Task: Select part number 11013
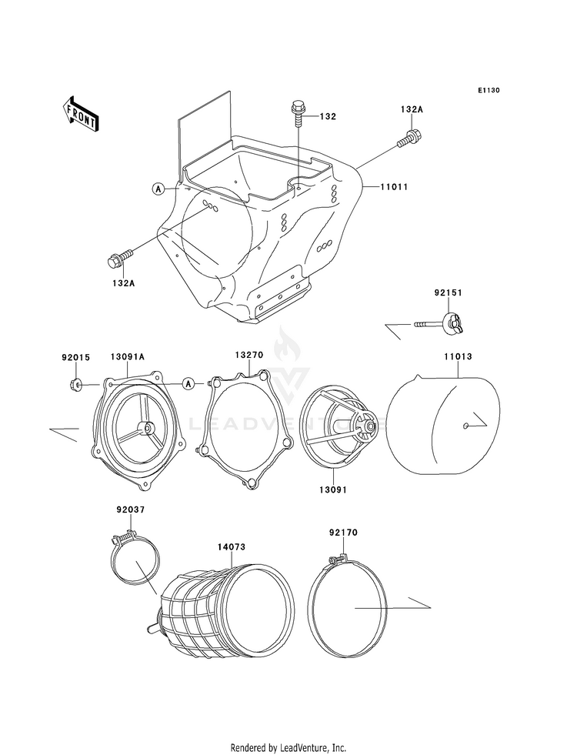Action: pyautogui.click(x=457, y=357)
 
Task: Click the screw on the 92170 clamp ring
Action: pyautogui.click(x=335, y=559)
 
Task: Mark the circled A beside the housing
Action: pyautogui.click(x=157, y=189)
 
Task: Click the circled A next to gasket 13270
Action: pyautogui.click(x=188, y=383)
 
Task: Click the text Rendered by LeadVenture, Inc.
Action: pyautogui.click(x=288, y=747)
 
